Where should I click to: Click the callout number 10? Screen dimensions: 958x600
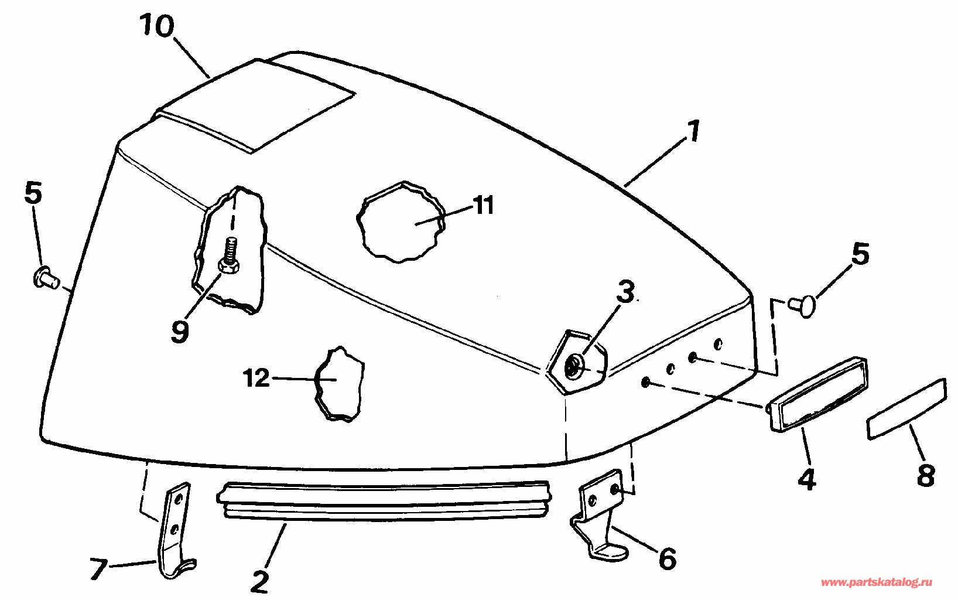(x=157, y=26)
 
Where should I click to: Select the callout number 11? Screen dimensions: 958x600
(x=484, y=205)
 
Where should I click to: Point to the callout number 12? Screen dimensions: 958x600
(x=256, y=378)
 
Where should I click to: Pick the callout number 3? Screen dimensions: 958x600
(x=626, y=292)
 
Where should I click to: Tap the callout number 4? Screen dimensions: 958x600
(x=806, y=478)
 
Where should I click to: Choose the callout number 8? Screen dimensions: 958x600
(x=925, y=475)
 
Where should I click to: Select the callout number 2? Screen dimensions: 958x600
(x=259, y=582)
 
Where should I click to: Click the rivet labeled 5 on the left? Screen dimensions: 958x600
(x=45, y=277)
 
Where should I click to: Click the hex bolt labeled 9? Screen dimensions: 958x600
(x=230, y=255)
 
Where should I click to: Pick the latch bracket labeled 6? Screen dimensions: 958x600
(x=598, y=513)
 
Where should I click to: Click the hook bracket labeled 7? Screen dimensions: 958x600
(x=175, y=531)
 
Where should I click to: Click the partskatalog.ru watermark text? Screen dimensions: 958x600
(x=877, y=582)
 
